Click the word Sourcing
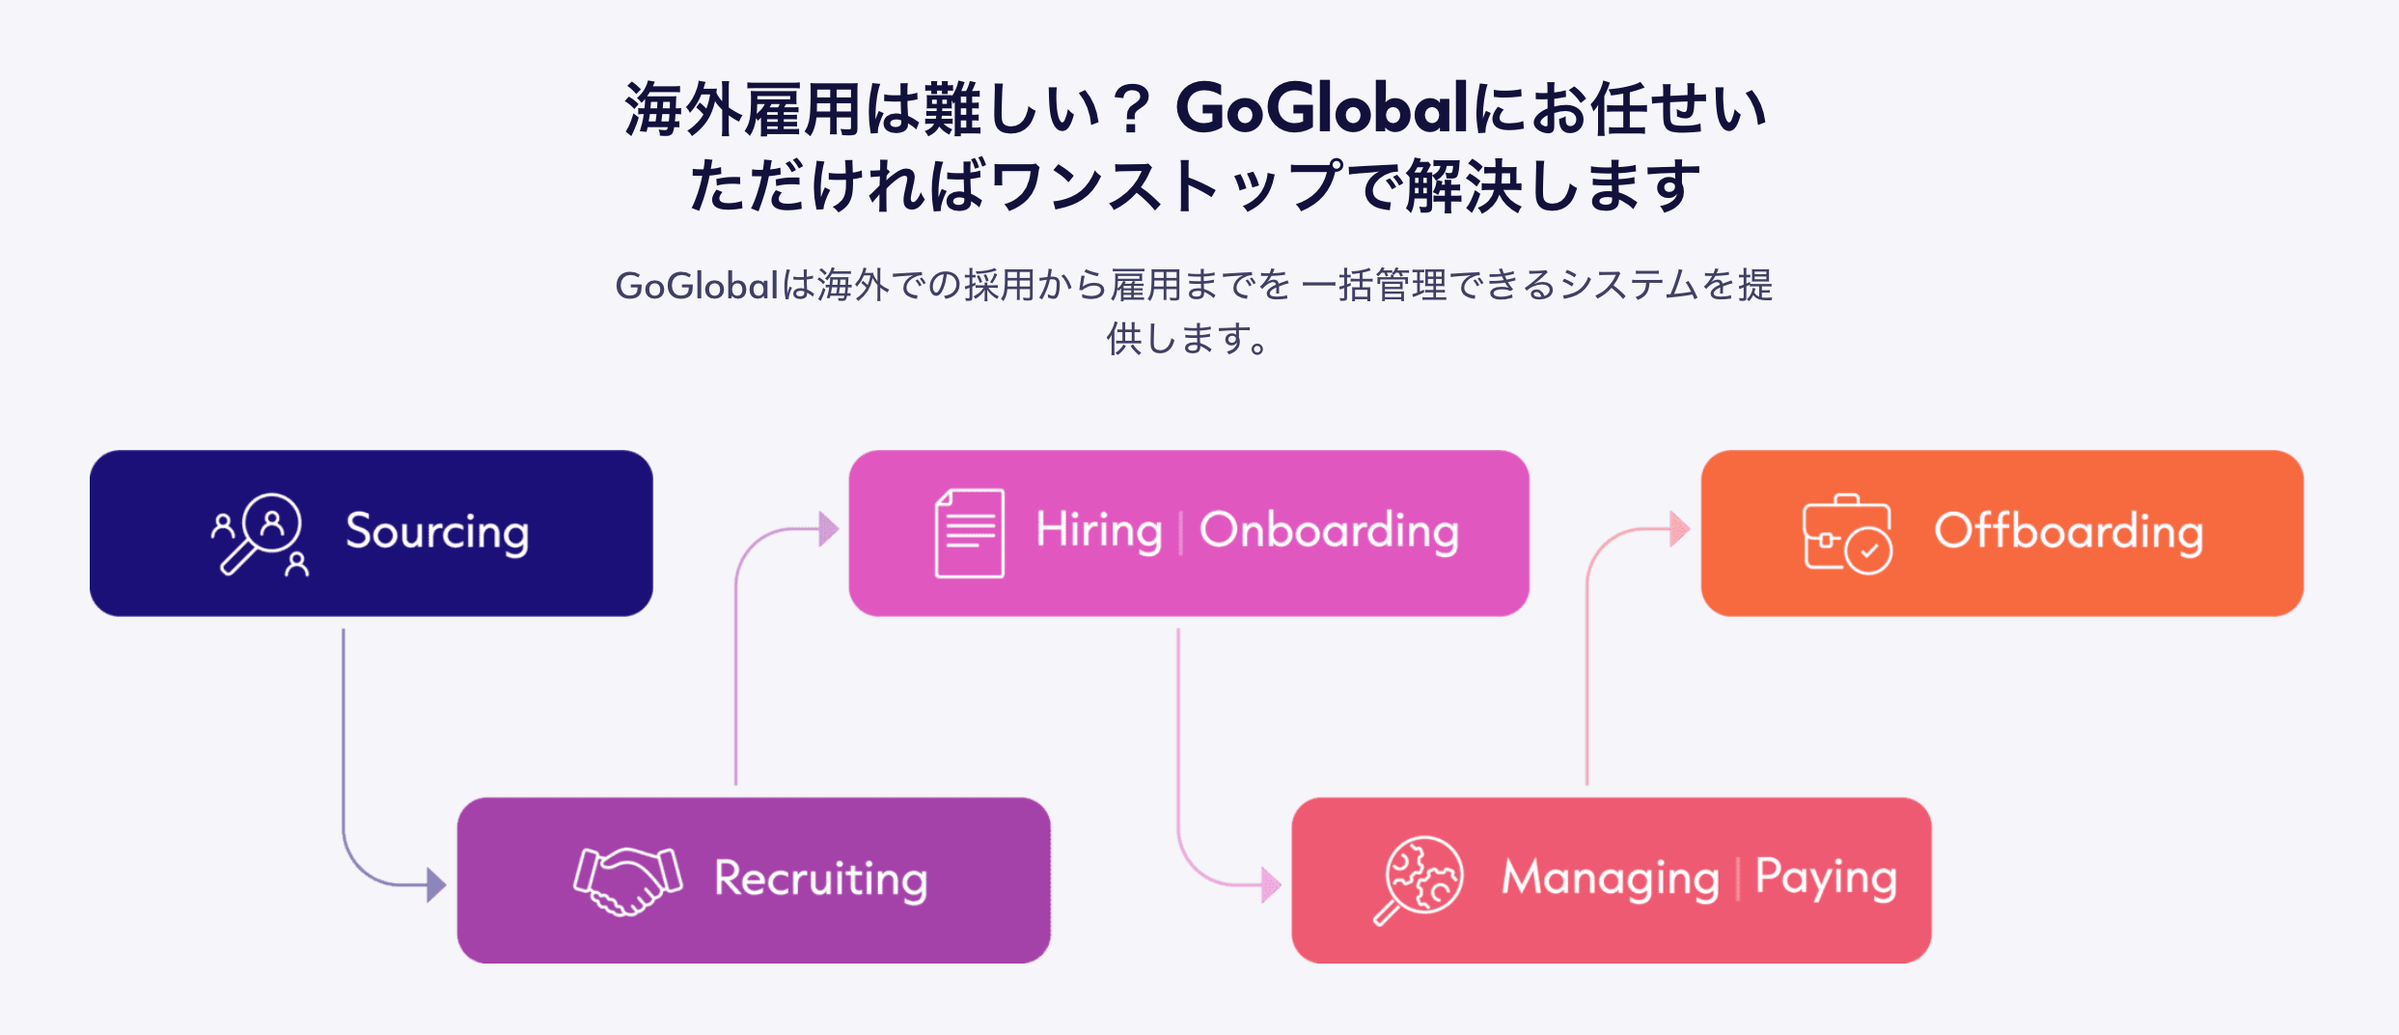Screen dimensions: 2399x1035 click(x=437, y=532)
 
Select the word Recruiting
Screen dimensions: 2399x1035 click(x=820, y=880)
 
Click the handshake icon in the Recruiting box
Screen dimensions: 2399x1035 click(x=628, y=880)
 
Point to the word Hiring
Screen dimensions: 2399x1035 click(x=1098, y=530)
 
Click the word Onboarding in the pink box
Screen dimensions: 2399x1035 click(x=1329, y=531)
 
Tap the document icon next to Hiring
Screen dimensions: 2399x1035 click(x=969, y=533)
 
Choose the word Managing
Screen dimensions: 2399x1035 click(x=1610, y=880)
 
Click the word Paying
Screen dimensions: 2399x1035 click(x=1825, y=880)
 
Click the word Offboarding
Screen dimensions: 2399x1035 click(x=2068, y=532)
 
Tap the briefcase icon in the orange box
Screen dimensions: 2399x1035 click(x=1846, y=534)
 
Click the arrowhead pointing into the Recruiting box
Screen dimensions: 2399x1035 click(x=436, y=884)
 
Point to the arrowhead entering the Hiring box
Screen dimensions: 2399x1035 click(x=828, y=529)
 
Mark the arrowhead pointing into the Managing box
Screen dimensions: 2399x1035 click(x=1271, y=884)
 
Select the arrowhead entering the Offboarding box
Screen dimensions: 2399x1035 click(x=1680, y=529)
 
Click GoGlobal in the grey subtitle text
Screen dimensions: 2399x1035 click(x=696, y=286)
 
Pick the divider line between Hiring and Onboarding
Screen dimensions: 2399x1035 click(x=1180, y=532)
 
